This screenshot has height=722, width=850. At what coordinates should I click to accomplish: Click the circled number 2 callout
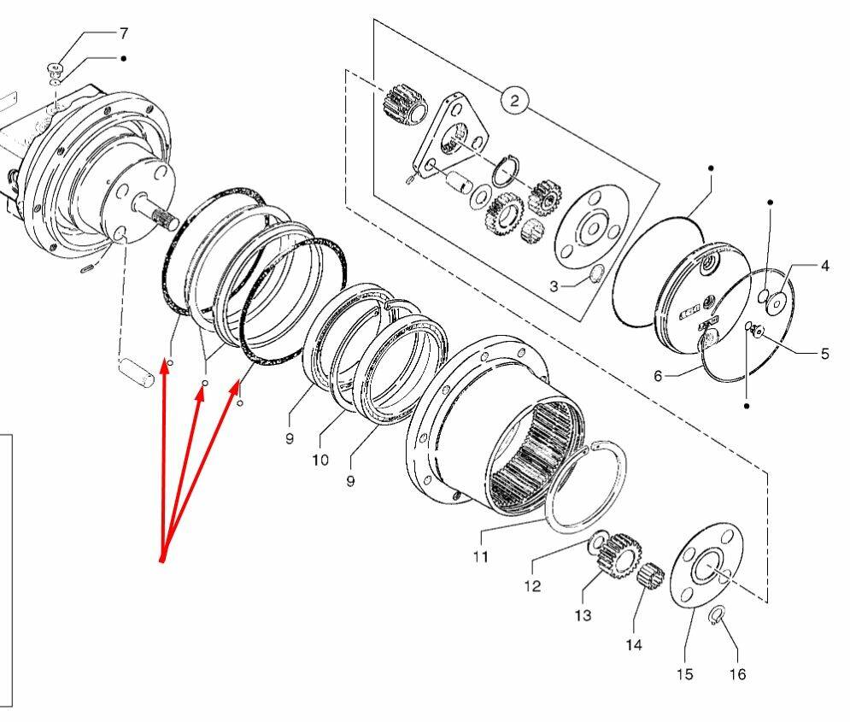(514, 100)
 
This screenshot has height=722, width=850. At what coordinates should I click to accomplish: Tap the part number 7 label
(124, 33)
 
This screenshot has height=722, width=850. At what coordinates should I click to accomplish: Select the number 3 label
(554, 286)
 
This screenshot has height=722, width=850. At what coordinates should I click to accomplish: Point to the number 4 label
(825, 266)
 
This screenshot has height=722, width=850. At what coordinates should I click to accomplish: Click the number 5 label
(825, 354)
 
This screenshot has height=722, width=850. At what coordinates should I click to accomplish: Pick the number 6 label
(658, 376)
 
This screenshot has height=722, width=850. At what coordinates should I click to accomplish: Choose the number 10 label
(320, 461)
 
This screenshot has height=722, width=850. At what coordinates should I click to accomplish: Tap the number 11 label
(480, 557)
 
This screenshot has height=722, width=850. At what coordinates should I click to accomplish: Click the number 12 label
(532, 586)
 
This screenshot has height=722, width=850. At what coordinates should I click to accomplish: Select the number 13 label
(583, 616)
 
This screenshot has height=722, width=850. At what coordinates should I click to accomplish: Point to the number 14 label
(634, 645)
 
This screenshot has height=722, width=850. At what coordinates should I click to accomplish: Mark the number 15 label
(684, 674)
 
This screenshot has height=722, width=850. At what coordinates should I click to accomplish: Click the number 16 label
(738, 674)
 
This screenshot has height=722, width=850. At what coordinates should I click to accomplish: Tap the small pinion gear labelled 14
(650, 574)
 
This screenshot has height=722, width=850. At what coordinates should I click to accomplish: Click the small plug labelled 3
(595, 274)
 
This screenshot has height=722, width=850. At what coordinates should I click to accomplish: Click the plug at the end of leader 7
(56, 69)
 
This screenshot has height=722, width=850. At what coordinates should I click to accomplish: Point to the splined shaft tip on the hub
(167, 219)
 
